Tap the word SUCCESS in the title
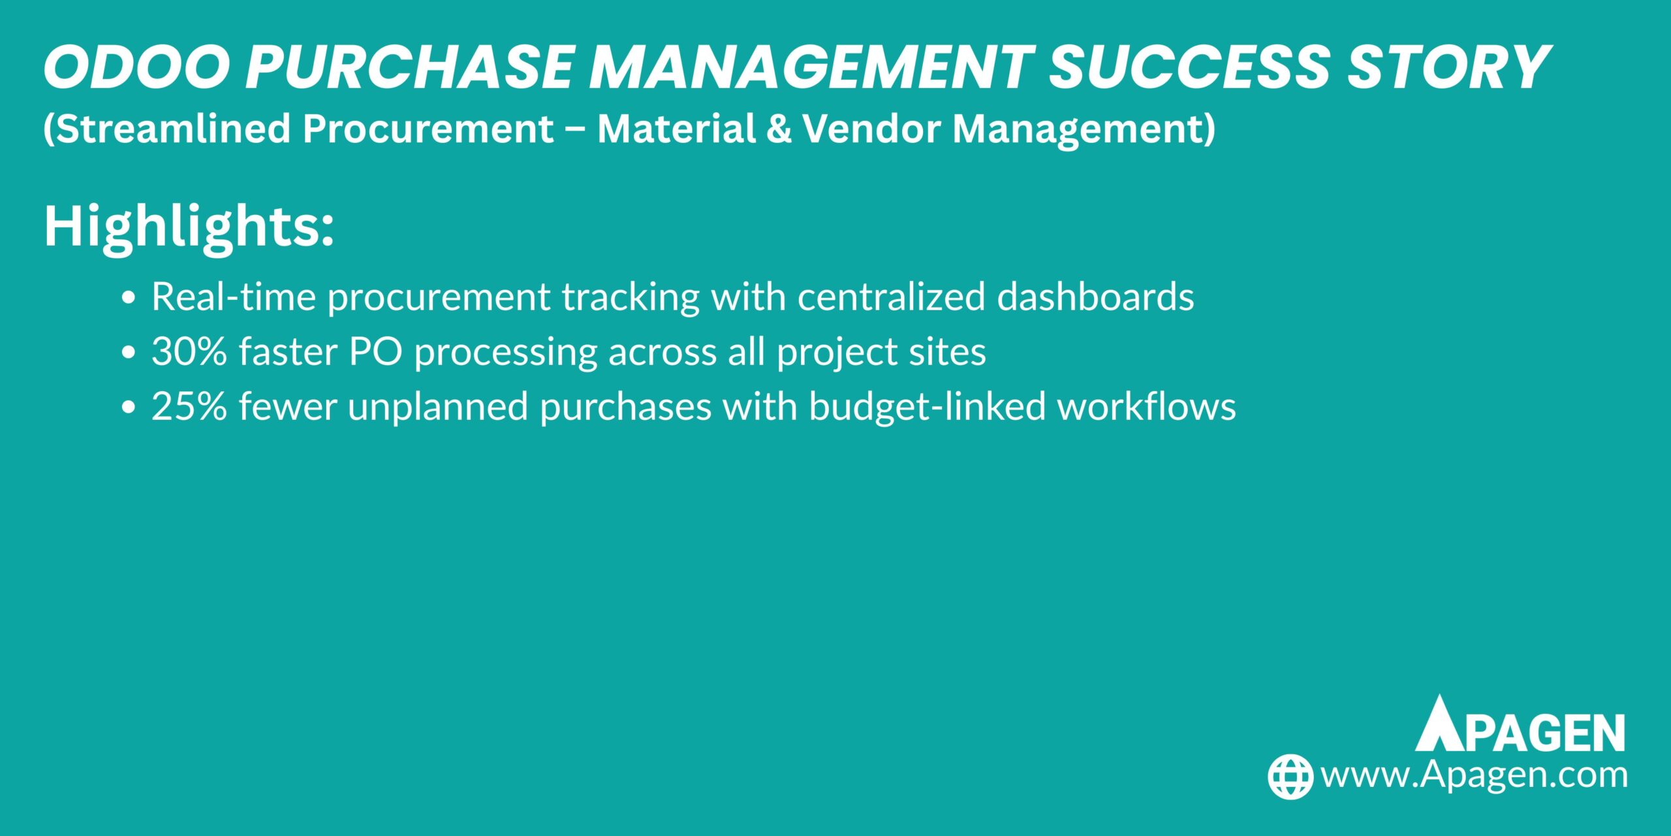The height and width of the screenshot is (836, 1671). tap(1189, 68)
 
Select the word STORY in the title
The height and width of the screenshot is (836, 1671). tap(1446, 68)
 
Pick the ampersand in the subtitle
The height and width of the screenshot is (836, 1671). tap(778, 128)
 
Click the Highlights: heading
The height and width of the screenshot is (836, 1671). tap(189, 226)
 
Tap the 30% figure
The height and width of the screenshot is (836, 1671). tap(189, 351)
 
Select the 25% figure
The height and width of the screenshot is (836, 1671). tap(189, 406)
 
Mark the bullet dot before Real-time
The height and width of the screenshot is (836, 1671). tap(129, 298)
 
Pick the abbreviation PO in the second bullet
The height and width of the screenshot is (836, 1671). tap(375, 351)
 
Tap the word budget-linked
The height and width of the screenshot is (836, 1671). tap(927, 406)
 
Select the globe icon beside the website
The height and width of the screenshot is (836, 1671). tap(1290, 776)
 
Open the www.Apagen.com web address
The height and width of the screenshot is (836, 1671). tap(1473, 775)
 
